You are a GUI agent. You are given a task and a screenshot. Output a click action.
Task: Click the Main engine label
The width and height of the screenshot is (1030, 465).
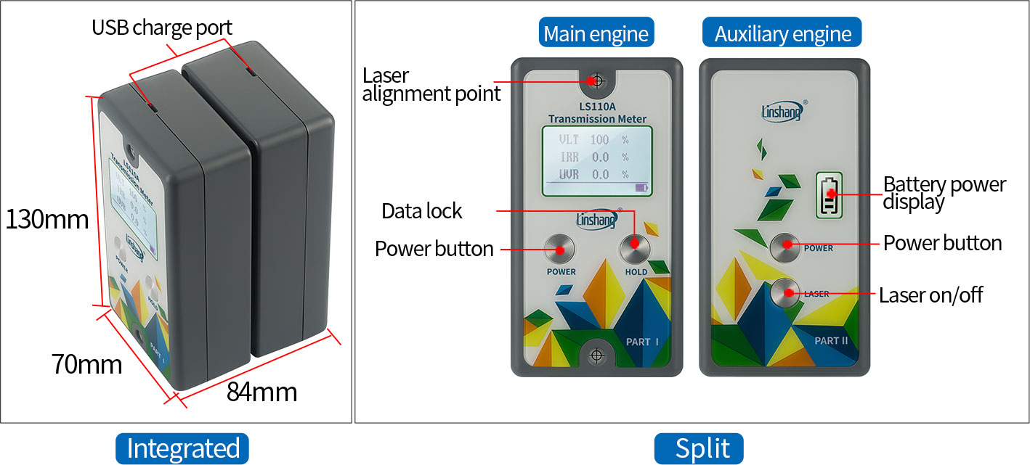click(x=596, y=33)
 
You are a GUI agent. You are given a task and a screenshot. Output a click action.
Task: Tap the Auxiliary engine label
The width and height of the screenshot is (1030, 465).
click(x=782, y=33)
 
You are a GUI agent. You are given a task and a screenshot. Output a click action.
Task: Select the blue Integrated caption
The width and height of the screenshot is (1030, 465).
click(x=182, y=448)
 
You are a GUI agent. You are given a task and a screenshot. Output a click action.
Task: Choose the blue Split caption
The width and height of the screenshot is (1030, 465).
click(x=699, y=448)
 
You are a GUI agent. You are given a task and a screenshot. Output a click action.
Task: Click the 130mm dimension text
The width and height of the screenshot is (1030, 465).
click(x=46, y=219)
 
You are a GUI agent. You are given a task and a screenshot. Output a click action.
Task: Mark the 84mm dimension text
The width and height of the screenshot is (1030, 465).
click(x=261, y=392)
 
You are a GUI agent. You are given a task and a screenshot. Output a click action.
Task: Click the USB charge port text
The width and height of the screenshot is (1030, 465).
click(x=162, y=28)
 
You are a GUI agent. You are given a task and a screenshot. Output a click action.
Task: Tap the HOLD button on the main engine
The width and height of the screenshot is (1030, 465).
click(x=634, y=247)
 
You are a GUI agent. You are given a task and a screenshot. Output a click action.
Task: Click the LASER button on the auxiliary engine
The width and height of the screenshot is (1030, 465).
click(x=785, y=293)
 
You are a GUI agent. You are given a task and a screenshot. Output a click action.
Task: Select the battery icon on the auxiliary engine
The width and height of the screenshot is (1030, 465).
click(x=829, y=194)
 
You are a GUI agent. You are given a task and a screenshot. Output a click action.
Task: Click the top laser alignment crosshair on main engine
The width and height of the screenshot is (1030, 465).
click(x=597, y=81)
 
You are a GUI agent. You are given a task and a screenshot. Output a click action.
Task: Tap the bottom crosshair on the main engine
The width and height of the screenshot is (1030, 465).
click(x=597, y=355)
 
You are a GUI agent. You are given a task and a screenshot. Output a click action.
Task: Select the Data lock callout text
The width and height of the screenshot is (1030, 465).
click(x=422, y=211)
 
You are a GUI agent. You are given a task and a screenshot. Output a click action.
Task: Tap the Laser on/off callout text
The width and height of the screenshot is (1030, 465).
click(x=931, y=295)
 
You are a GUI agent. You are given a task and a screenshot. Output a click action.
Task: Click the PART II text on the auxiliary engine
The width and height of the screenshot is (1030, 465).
click(x=831, y=340)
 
